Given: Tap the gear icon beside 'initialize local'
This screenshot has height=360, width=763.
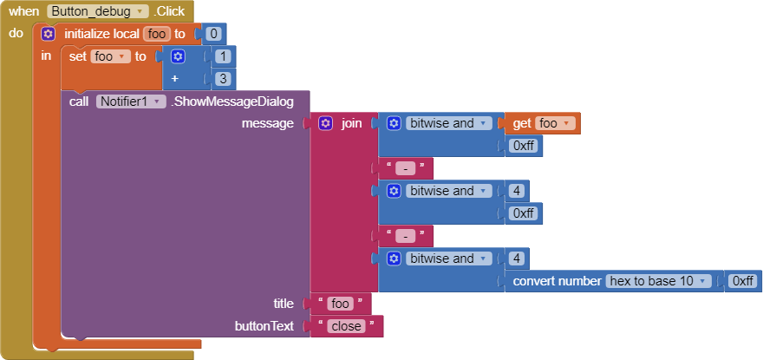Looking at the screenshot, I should click(x=49, y=34).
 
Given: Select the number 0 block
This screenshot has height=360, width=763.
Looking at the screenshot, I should click(x=212, y=34).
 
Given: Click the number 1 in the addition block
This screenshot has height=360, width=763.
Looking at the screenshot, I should click(x=222, y=56).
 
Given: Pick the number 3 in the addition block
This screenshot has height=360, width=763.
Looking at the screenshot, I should click(x=222, y=78).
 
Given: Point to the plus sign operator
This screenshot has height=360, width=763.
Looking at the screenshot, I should click(x=177, y=78).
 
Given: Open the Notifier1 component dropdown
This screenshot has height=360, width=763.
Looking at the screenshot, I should click(x=131, y=101).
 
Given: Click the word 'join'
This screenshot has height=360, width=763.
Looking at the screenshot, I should click(x=351, y=123).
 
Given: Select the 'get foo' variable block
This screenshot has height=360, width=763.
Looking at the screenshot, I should click(x=545, y=123).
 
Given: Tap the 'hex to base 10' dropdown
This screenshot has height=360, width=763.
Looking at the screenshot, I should click(x=660, y=281).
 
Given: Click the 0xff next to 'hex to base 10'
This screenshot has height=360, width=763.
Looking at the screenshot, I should click(x=743, y=281).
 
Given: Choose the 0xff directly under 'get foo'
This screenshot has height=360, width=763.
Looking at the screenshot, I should click(x=524, y=146).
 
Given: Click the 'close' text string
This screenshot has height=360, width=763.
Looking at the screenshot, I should click(x=346, y=326).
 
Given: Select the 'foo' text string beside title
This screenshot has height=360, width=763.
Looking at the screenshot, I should click(x=340, y=304).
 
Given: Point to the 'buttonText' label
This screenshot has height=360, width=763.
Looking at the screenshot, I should click(x=264, y=326).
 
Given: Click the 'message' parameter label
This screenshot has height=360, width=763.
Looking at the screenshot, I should click(x=267, y=123).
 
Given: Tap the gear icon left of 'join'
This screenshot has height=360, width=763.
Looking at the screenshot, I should click(x=326, y=123).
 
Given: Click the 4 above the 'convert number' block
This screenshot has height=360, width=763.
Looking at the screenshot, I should click(x=516, y=259).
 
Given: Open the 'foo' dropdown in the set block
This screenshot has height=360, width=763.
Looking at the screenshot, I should click(x=110, y=56).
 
